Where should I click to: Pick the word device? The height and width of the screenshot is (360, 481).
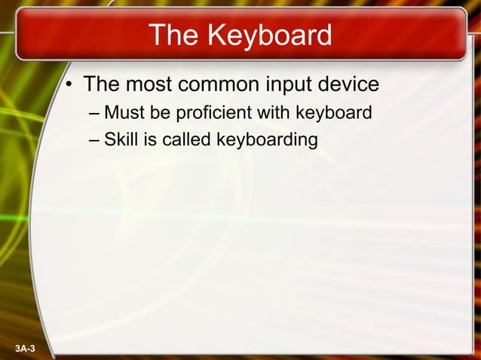352,84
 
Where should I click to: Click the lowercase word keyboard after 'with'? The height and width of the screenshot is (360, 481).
332,114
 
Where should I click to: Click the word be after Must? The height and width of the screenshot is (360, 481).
161,113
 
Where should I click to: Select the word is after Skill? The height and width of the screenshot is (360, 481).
150,139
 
